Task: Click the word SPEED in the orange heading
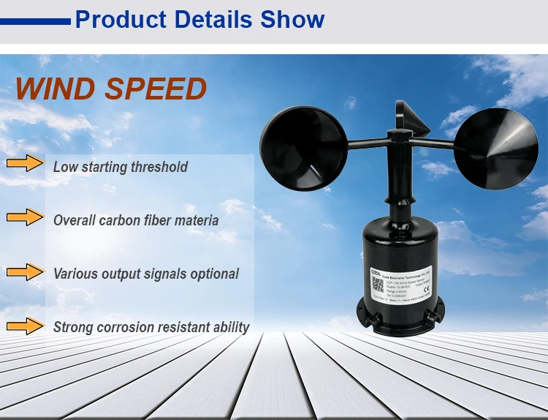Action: coord(156,89)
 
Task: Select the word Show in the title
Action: coord(292,19)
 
